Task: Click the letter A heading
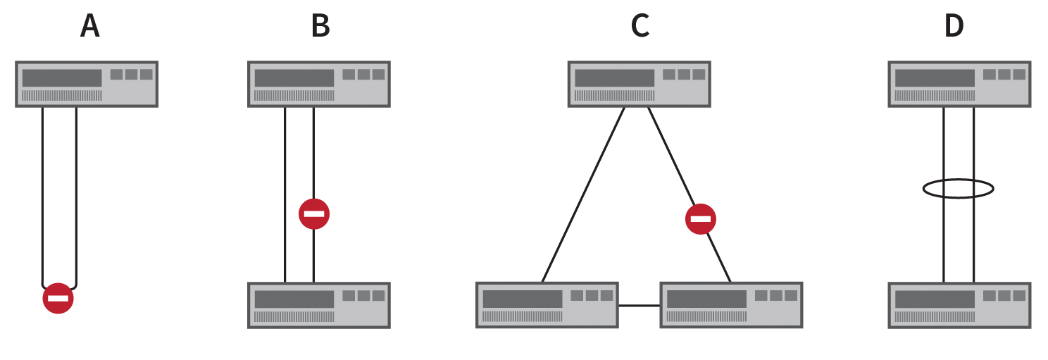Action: [89, 26]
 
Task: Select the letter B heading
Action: [320, 26]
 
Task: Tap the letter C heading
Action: [640, 26]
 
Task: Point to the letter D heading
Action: [954, 26]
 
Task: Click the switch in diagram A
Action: [87, 84]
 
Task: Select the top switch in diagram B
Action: [319, 84]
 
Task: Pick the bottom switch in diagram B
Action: [319, 305]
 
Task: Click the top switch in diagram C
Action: [640, 84]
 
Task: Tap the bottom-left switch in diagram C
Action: [547, 305]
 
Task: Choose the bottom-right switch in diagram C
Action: [731, 305]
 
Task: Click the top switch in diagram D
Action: [960, 84]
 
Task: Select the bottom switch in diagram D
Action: [960, 305]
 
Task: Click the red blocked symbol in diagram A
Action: [58, 298]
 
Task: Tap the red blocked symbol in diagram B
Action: [314, 213]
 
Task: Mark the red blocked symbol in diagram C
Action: [701, 219]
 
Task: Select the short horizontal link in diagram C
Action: [639, 306]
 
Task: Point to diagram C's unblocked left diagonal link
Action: [583, 194]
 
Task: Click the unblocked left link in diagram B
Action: [285, 194]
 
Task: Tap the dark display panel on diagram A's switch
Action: [62, 77]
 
